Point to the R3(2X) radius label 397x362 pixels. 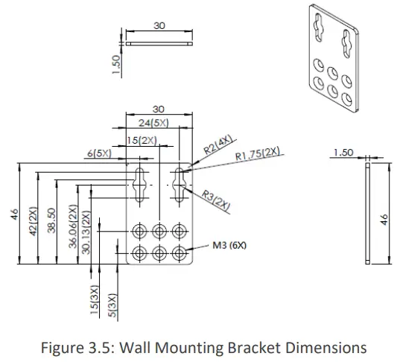coord(216,202)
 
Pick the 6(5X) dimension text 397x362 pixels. coord(99,154)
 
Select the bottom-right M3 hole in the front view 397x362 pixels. coord(179,251)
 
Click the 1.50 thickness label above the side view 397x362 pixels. coord(343,152)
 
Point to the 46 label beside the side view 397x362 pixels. coord(385,219)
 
